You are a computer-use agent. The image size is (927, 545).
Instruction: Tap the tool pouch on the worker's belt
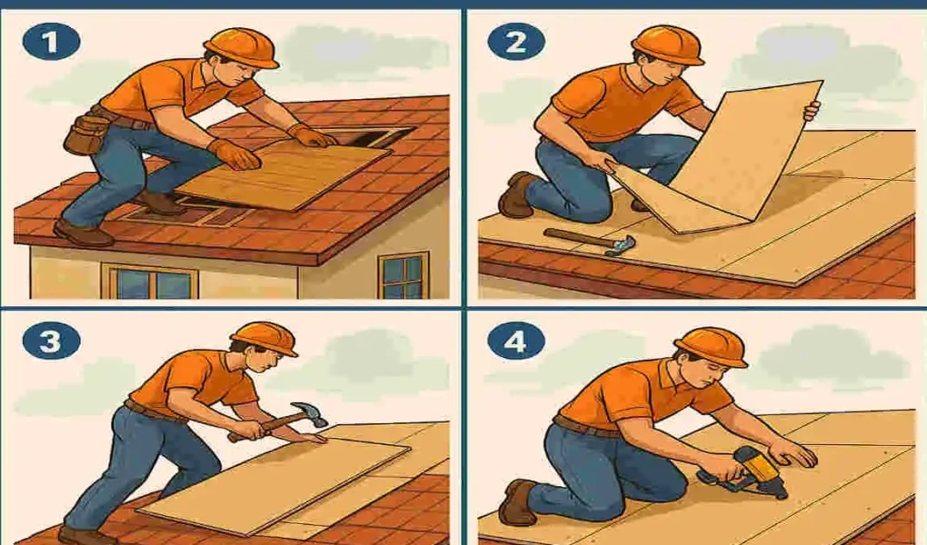coord(85,134)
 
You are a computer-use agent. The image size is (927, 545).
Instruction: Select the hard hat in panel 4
coord(710,346)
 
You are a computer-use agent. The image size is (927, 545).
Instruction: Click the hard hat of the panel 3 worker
coord(264,338)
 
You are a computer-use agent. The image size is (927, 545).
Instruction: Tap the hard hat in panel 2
coord(667,43)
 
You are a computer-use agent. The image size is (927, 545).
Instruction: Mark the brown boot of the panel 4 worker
coord(517,502)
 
